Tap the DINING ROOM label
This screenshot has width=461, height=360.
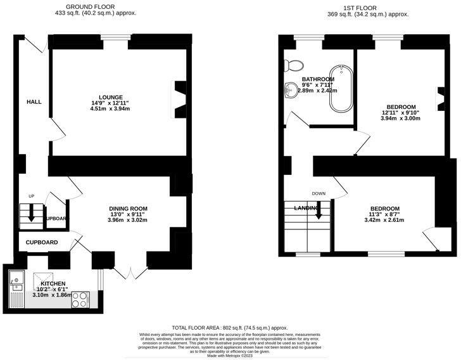[128, 209]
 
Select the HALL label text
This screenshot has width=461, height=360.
[34, 101]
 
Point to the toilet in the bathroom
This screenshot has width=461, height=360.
[293, 64]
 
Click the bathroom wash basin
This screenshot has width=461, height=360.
[291, 90]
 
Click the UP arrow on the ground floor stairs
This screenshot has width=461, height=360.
[30, 215]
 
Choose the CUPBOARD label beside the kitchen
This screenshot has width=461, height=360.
[42, 242]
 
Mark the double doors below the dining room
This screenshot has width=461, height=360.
[129, 273]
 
